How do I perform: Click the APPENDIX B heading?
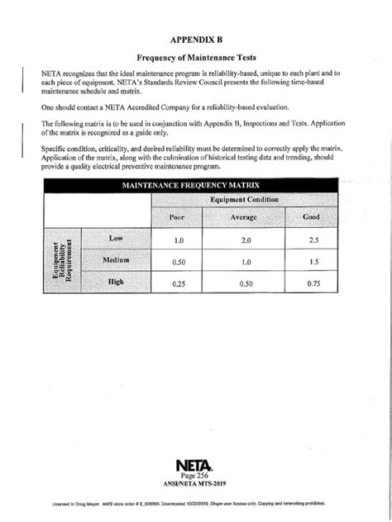pyautogui.click(x=197, y=37)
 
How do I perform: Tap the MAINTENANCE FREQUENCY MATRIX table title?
pyautogui.click(x=191, y=186)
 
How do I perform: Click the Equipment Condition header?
pyautogui.click(x=243, y=201)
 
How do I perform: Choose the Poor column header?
pyautogui.click(x=177, y=218)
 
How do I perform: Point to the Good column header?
pyautogui.click(x=312, y=218)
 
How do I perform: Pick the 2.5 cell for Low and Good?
pyautogui.click(x=312, y=240)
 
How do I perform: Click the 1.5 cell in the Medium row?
pyautogui.click(x=312, y=262)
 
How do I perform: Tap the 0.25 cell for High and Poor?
pyautogui.click(x=177, y=284)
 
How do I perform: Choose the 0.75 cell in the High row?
pyautogui.click(x=312, y=284)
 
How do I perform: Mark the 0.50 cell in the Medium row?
pyautogui.click(x=177, y=262)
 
